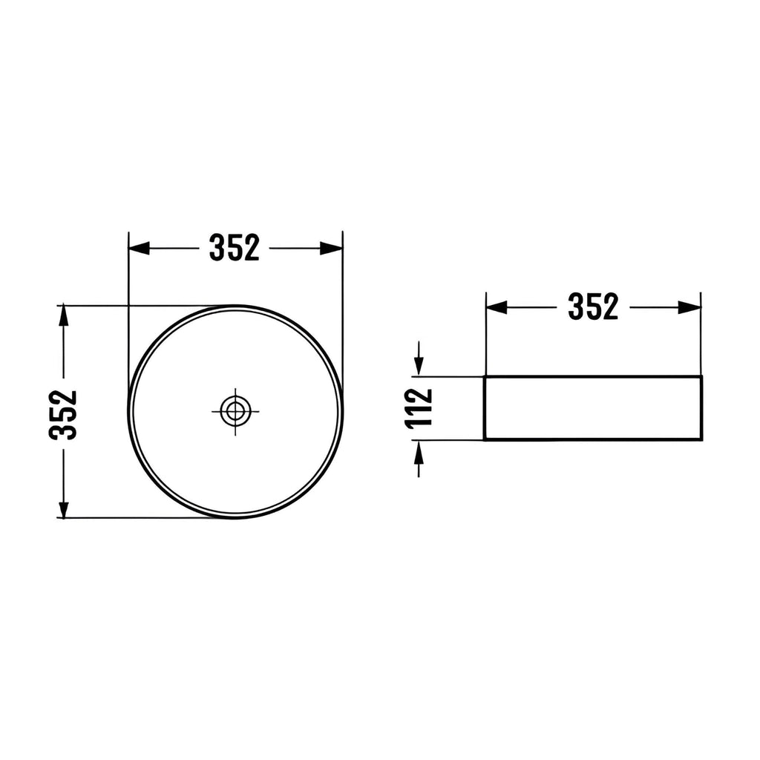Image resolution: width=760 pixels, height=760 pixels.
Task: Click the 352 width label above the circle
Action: (234, 248)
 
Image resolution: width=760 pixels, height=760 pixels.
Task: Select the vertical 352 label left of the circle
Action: (63, 414)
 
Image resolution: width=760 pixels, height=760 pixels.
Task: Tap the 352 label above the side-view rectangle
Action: (593, 307)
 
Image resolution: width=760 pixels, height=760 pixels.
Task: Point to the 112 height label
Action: (419, 408)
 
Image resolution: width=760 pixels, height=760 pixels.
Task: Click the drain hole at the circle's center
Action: (235, 411)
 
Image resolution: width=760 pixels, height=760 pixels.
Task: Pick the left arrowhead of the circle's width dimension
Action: (139, 248)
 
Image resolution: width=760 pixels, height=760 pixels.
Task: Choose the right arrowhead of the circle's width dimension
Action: (332, 248)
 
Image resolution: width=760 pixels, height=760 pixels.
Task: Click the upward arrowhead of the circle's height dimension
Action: (63, 316)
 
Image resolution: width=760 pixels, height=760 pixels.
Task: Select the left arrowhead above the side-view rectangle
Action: (497, 307)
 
